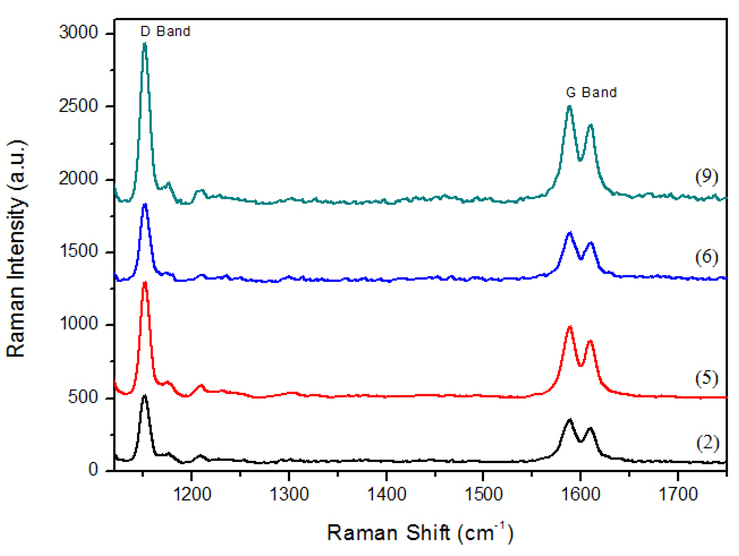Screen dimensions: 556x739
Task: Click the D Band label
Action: (165, 31)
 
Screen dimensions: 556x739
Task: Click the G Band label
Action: (591, 92)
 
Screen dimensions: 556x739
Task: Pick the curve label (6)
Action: (706, 257)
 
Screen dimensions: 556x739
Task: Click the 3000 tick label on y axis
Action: (78, 32)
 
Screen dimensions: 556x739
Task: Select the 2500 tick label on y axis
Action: (78, 106)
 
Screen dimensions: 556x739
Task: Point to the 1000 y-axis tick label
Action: (78, 323)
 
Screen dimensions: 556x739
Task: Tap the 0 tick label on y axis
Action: (93, 469)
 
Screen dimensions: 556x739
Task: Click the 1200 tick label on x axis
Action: (192, 494)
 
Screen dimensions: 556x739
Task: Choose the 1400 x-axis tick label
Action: (387, 494)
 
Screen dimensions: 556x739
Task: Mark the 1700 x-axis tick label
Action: (678, 494)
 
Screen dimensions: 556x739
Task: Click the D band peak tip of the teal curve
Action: (145, 44)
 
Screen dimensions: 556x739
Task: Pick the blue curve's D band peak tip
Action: (145, 204)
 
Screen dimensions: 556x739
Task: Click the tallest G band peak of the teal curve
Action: (570, 107)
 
